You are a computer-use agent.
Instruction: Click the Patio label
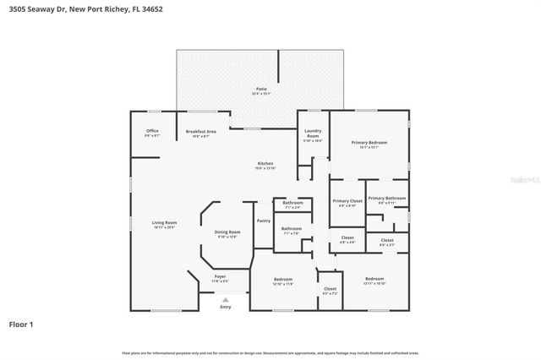pos(261,89)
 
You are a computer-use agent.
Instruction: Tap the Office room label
pos(152,132)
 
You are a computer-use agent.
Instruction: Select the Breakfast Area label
pos(201,132)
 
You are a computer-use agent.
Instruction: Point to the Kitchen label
pos(265,164)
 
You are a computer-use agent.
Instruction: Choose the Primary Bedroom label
pos(369,144)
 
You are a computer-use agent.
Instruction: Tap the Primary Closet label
pos(347,201)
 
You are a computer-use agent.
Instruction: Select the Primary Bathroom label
pos(386,199)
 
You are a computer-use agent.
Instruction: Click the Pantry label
pos(263,221)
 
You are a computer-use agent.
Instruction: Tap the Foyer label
pos(220,277)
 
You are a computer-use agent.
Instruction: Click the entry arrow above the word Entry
pos(225,299)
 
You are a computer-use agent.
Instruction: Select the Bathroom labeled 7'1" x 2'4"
pos(292,203)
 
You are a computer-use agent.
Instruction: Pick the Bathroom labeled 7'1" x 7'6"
pos(292,229)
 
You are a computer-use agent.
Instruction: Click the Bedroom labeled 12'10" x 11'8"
pos(283,280)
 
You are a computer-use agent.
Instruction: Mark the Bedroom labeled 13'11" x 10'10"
pos(374,280)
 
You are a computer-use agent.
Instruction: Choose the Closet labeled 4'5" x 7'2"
pos(330,290)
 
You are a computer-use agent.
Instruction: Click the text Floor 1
pos(22,324)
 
